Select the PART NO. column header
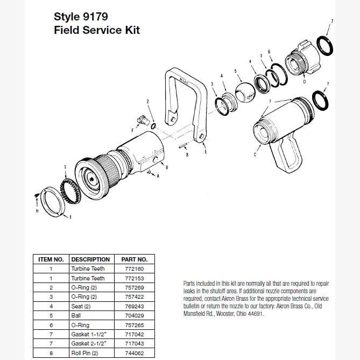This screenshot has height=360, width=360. [134, 259]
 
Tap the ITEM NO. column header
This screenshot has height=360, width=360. [51, 259]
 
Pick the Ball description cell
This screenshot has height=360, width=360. [76, 315]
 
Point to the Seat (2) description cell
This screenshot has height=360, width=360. [81, 306]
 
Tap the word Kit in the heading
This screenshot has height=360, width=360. [130, 30]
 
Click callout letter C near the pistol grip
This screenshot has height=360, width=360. [255, 154]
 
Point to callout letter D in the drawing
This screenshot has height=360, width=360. [304, 82]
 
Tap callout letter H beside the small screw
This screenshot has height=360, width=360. [37, 211]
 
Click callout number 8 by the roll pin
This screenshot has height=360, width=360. [187, 154]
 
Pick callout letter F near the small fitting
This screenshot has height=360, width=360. [132, 130]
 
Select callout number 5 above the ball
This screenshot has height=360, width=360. [235, 71]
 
